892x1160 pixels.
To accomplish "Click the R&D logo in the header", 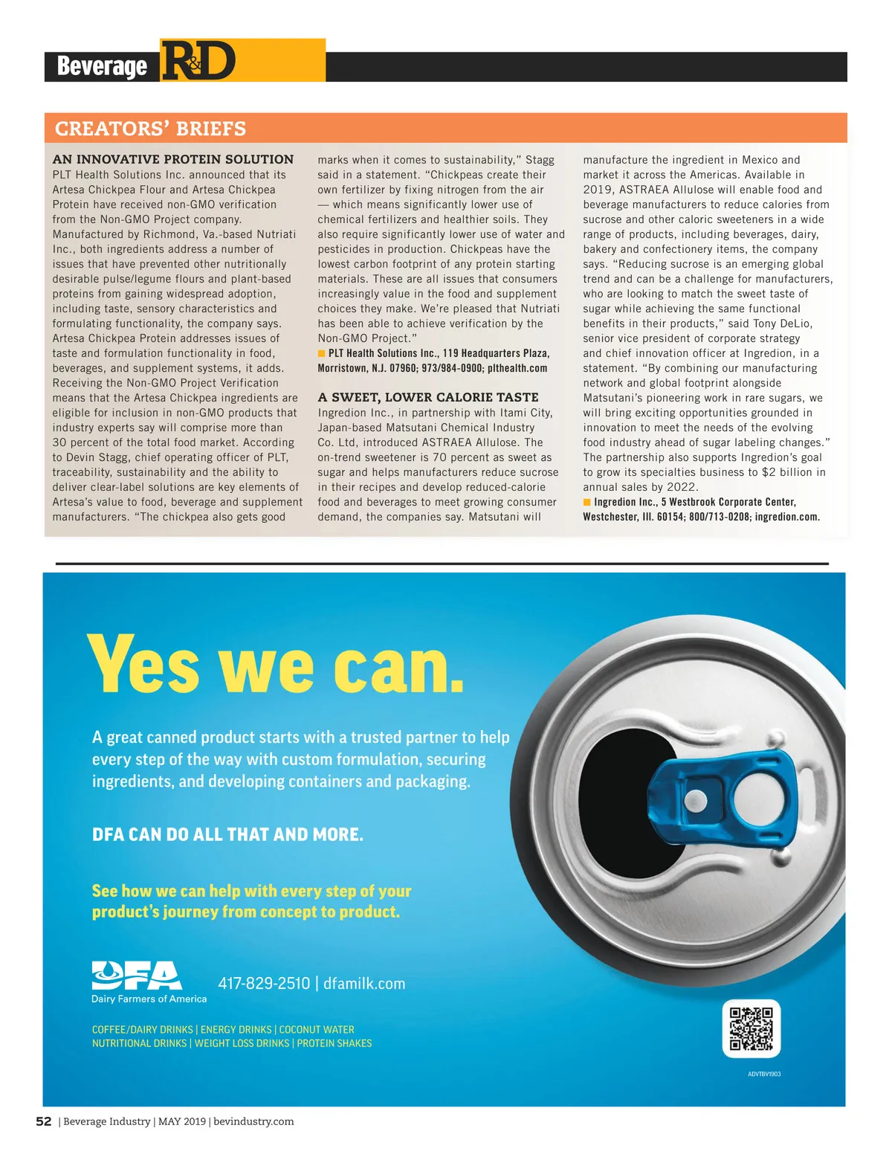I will point(198,61).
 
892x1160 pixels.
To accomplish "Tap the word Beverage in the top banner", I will point(102,66).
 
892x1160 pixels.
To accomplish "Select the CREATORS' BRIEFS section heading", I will point(150,129).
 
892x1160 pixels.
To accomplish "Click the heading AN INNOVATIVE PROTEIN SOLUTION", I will point(173,159).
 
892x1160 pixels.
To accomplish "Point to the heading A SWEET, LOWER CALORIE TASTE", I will point(428,397).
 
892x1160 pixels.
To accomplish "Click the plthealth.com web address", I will point(517,368).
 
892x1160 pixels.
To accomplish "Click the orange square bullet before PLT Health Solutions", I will point(322,353).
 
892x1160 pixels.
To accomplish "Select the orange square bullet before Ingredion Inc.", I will point(587,502).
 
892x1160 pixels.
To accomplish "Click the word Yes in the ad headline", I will point(144,664).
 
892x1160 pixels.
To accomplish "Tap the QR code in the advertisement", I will point(751,1028).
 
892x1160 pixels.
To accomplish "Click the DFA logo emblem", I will point(136,975).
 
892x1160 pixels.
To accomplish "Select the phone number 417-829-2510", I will point(264,984).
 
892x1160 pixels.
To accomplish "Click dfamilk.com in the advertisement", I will point(364,984).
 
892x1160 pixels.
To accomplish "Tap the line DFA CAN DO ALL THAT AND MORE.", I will point(227,834).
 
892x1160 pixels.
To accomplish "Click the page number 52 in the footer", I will point(44,1121).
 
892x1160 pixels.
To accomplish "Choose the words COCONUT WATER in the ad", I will point(317,1030).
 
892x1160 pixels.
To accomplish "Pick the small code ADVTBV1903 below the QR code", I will point(763,1074).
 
